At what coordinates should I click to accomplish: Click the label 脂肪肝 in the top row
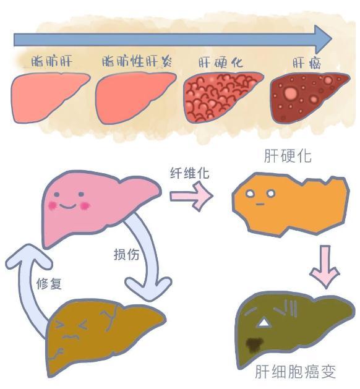[52, 61]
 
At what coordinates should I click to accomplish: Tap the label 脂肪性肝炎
[137, 61]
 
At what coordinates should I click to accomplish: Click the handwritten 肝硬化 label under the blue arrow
[221, 62]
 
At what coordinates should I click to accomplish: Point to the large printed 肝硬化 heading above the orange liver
[288, 156]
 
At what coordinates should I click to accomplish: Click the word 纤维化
[189, 173]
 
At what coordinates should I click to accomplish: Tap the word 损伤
[126, 254]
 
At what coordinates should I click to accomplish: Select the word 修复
[49, 283]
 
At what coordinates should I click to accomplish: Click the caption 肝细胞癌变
[295, 372]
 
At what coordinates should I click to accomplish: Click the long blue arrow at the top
[173, 39]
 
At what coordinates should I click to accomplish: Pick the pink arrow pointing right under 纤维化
[191, 196]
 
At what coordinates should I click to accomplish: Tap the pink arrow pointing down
[325, 267]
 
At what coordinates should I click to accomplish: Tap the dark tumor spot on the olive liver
[254, 344]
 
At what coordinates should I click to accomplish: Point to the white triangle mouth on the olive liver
[264, 323]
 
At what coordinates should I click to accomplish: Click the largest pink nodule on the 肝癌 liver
[291, 93]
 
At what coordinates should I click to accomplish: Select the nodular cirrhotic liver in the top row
[223, 97]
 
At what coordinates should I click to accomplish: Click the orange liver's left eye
[250, 193]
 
